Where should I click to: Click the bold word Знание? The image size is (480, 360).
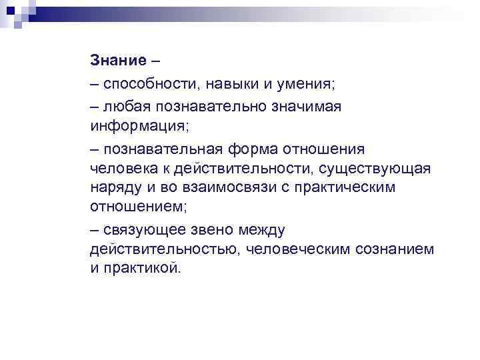(117, 61)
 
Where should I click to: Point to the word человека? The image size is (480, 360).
(122, 167)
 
